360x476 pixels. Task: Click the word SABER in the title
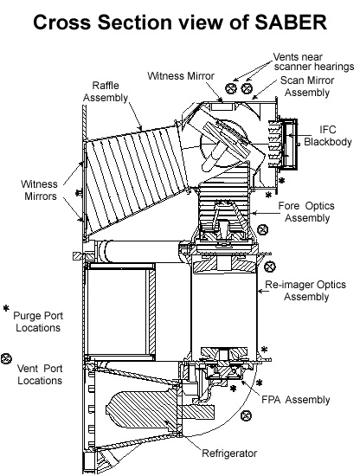(291, 22)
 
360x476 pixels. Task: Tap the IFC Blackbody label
(328, 136)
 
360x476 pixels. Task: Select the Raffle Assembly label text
(106, 92)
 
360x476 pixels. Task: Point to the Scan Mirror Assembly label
(307, 87)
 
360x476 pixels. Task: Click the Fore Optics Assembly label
(306, 212)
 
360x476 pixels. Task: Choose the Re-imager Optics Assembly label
(305, 291)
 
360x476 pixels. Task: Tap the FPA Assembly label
(296, 400)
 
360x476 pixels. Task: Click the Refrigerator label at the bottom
(229, 453)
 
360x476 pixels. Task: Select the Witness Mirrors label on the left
(40, 190)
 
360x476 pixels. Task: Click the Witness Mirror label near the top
(181, 76)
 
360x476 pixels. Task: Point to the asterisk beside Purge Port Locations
(6, 308)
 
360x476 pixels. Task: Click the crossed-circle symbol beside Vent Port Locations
(6, 359)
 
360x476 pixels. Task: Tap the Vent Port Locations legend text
(40, 374)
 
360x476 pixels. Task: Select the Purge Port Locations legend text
(38, 321)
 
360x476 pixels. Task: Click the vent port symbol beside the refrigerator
(246, 415)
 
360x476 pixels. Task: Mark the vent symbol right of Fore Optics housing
(262, 229)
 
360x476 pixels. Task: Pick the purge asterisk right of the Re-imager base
(265, 350)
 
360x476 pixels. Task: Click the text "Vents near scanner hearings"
(313, 61)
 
